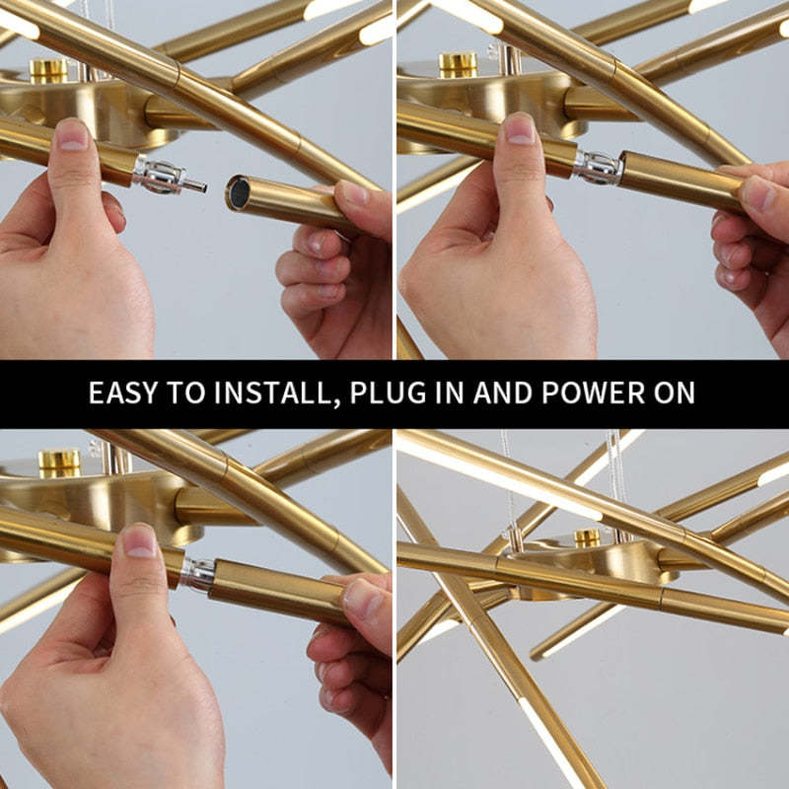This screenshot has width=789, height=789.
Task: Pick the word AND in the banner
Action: (503, 392)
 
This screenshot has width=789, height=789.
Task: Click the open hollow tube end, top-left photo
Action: (239, 192)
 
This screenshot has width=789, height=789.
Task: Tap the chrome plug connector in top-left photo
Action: (169, 176)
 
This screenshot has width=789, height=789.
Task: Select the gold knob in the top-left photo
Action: (48, 71)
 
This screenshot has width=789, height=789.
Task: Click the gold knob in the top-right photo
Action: (458, 65)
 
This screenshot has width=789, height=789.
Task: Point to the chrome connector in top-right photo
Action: (599, 167)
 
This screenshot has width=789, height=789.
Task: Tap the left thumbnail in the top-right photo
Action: (519, 129)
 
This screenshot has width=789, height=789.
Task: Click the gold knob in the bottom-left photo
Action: (59, 464)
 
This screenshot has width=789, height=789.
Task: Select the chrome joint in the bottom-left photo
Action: (198, 574)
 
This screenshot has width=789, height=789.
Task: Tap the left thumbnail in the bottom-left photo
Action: (139, 540)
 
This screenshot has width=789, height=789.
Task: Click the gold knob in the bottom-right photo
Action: (588, 538)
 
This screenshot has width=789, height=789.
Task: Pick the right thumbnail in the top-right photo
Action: (758, 193)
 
